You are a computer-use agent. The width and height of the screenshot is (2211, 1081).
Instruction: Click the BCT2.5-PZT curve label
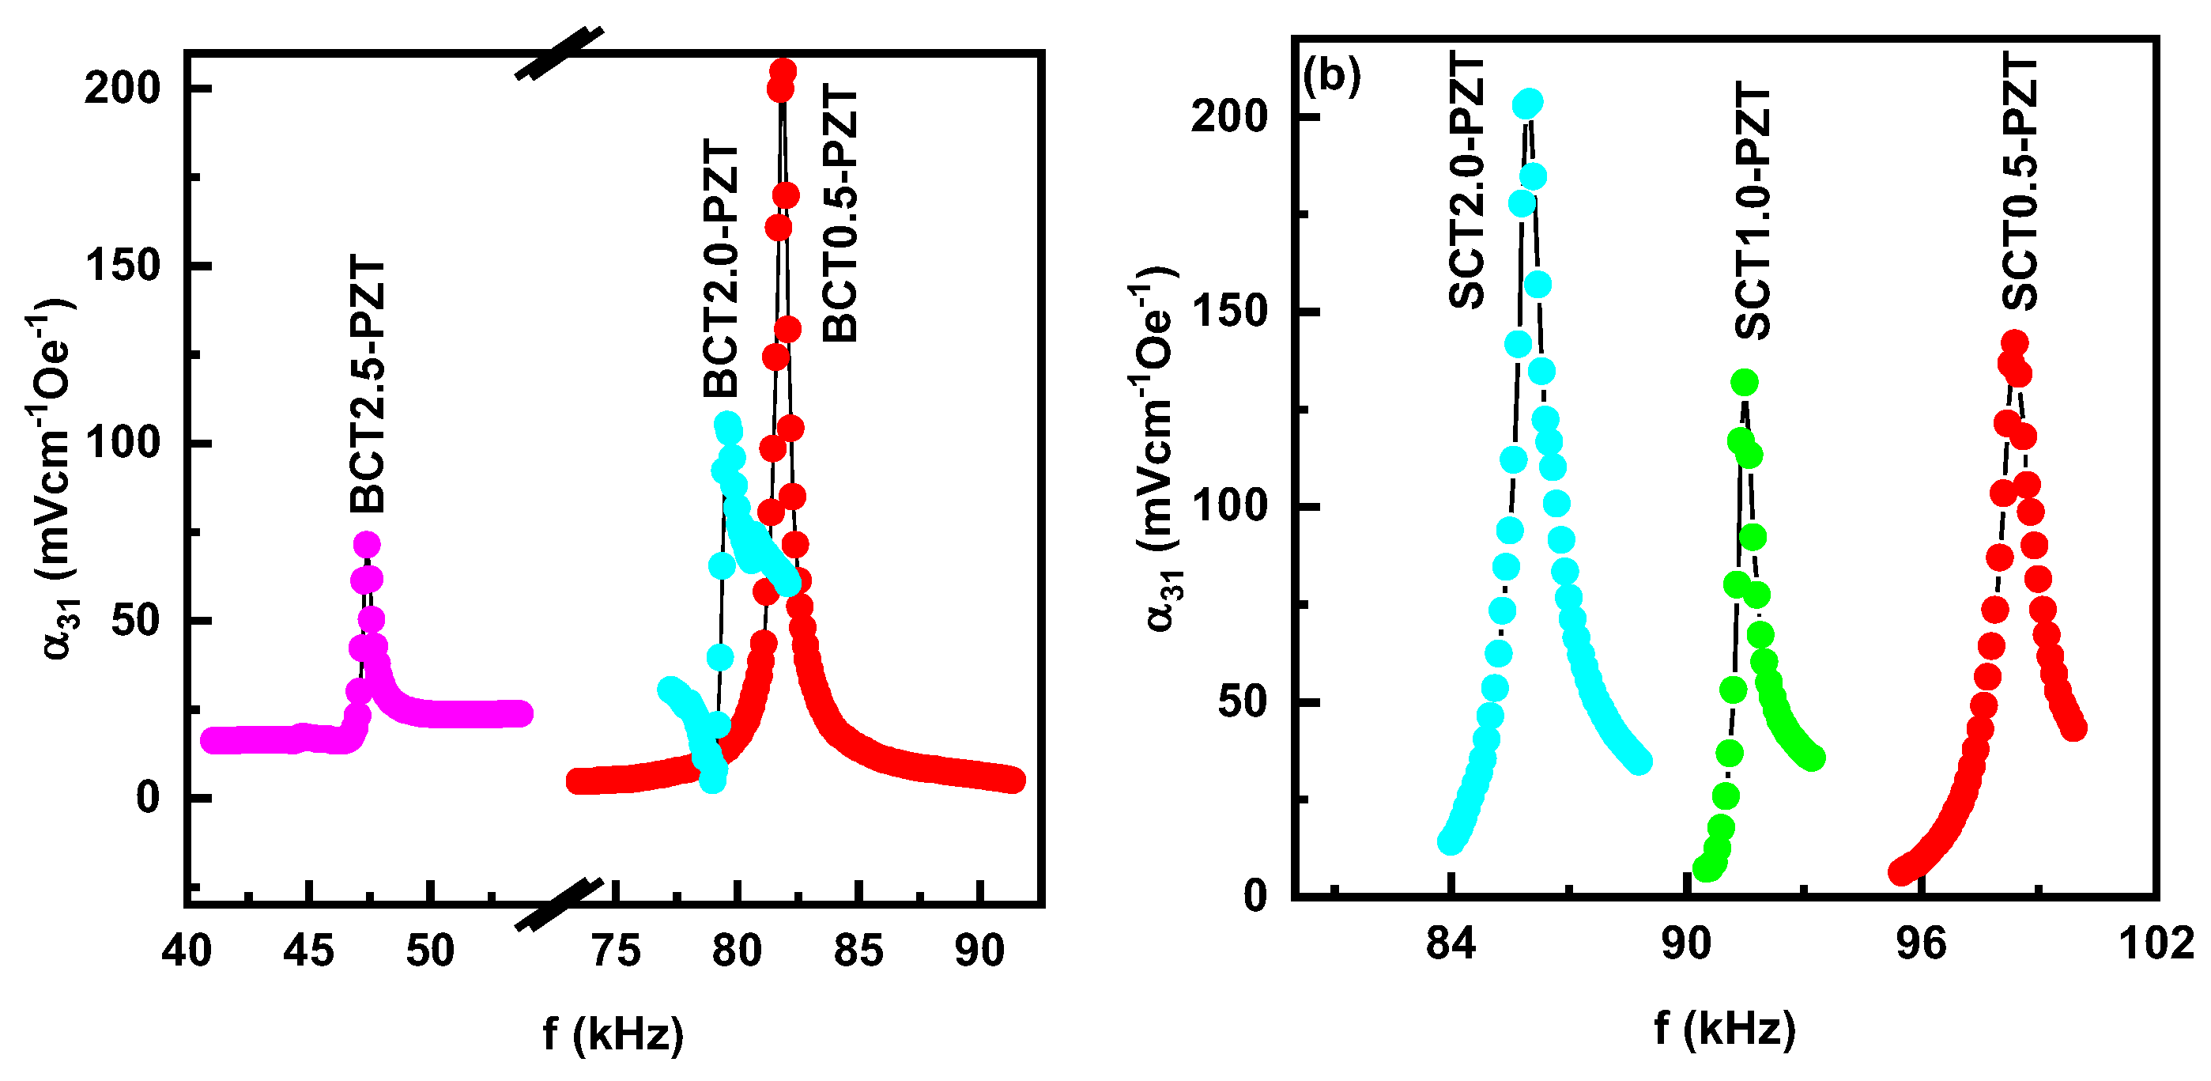[x=368, y=384]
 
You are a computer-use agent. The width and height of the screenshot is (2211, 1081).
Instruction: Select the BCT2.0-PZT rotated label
[x=721, y=270]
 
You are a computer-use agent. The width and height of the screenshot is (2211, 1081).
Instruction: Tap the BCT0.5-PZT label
[x=840, y=214]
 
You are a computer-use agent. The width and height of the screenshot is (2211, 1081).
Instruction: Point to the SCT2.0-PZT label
[x=1467, y=180]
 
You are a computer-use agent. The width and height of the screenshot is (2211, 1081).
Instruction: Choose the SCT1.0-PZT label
[x=1753, y=210]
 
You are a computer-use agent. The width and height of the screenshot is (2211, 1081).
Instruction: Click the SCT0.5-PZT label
[x=2020, y=180]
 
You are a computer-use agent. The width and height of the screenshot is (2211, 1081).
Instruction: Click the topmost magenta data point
[x=367, y=544]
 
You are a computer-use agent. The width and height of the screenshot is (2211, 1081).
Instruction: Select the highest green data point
[x=1744, y=383]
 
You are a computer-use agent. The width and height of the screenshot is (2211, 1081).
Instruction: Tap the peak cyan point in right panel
[x=1528, y=104]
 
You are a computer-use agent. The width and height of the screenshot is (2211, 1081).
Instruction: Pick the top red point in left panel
[x=782, y=70]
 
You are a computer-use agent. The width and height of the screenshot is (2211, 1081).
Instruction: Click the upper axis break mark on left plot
[x=559, y=53]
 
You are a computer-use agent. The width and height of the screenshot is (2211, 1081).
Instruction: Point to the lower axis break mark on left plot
[x=559, y=904]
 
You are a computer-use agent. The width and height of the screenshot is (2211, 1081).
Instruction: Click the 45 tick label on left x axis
[x=308, y=951]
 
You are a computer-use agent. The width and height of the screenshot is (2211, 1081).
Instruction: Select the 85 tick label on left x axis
[x=858, y=951]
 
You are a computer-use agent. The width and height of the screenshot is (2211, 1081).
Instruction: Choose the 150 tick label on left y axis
[x=123, y=266]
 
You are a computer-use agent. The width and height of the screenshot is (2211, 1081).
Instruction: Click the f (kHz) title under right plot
[x=1724, y=1028]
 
